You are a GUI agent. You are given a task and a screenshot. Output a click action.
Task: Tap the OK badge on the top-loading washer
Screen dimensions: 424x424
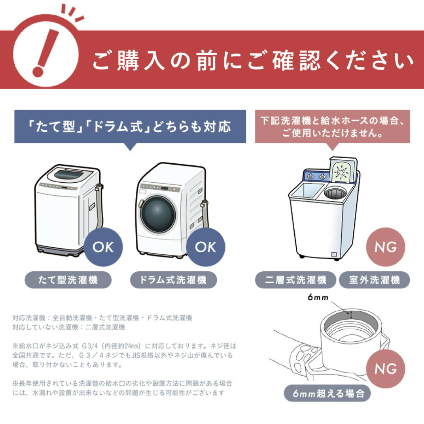point(103,247)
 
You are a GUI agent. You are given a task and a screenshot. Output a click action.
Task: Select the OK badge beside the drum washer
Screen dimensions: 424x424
point(206,247)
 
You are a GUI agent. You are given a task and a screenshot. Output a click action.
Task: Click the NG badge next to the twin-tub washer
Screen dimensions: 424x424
point(385,247)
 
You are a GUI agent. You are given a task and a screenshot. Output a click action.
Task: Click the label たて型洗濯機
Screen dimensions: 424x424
point(68,280)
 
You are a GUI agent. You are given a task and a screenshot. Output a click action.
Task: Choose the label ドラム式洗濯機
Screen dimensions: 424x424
point(173,280)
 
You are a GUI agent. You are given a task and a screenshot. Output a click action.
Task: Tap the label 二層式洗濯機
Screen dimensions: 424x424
point(295,280)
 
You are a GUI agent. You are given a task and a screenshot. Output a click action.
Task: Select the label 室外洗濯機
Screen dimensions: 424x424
point(374,280)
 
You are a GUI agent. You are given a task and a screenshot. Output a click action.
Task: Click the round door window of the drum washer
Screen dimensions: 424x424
point(158,213)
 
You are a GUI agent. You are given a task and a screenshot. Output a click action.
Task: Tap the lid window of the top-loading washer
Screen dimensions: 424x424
point(69,175)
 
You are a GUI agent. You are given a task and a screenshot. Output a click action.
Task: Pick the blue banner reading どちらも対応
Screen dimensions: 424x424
point(130,127)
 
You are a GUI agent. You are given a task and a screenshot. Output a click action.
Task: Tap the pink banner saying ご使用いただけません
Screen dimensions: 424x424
point(332,126)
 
